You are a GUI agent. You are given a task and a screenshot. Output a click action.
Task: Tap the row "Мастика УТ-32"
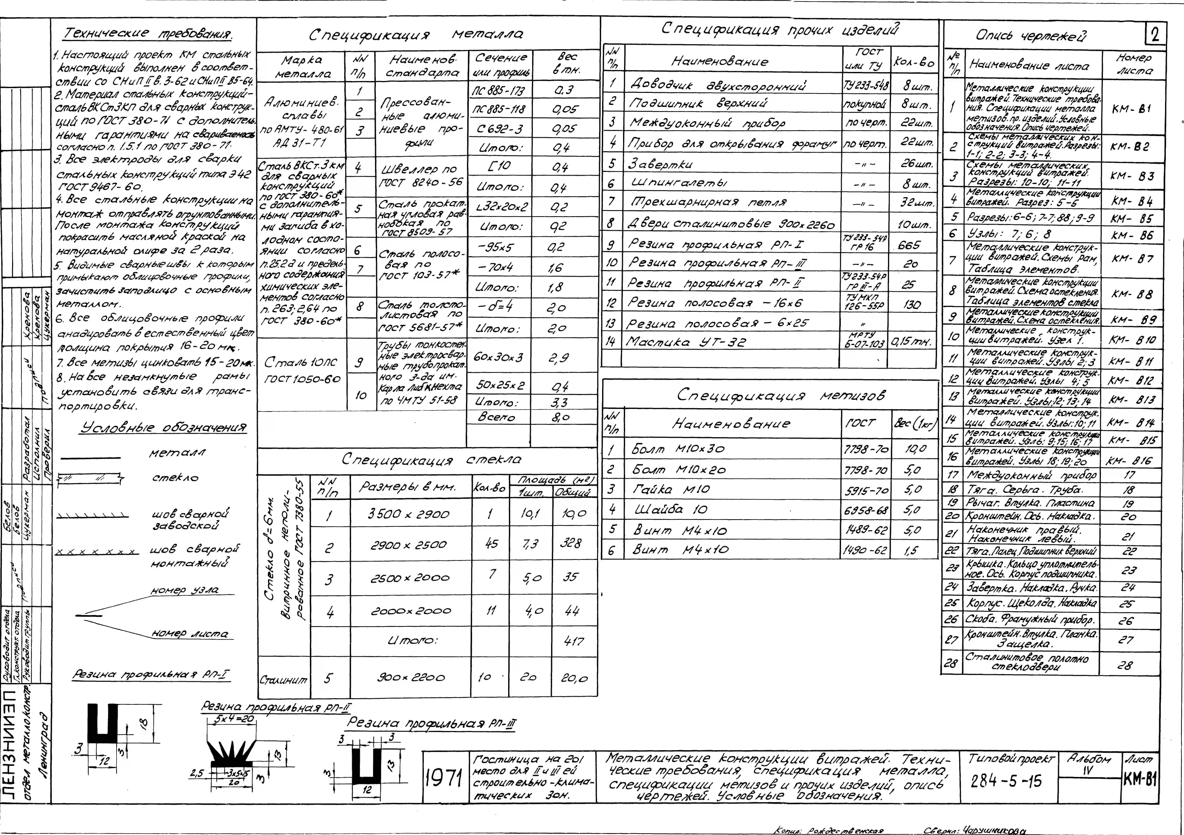pyautogui.click(x=686, y=342)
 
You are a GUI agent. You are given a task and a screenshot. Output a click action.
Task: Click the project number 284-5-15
pyautogui.click(x=1006, y=781)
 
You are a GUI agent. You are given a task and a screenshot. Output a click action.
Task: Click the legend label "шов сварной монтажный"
pyautogui.click(x=195, y=556)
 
